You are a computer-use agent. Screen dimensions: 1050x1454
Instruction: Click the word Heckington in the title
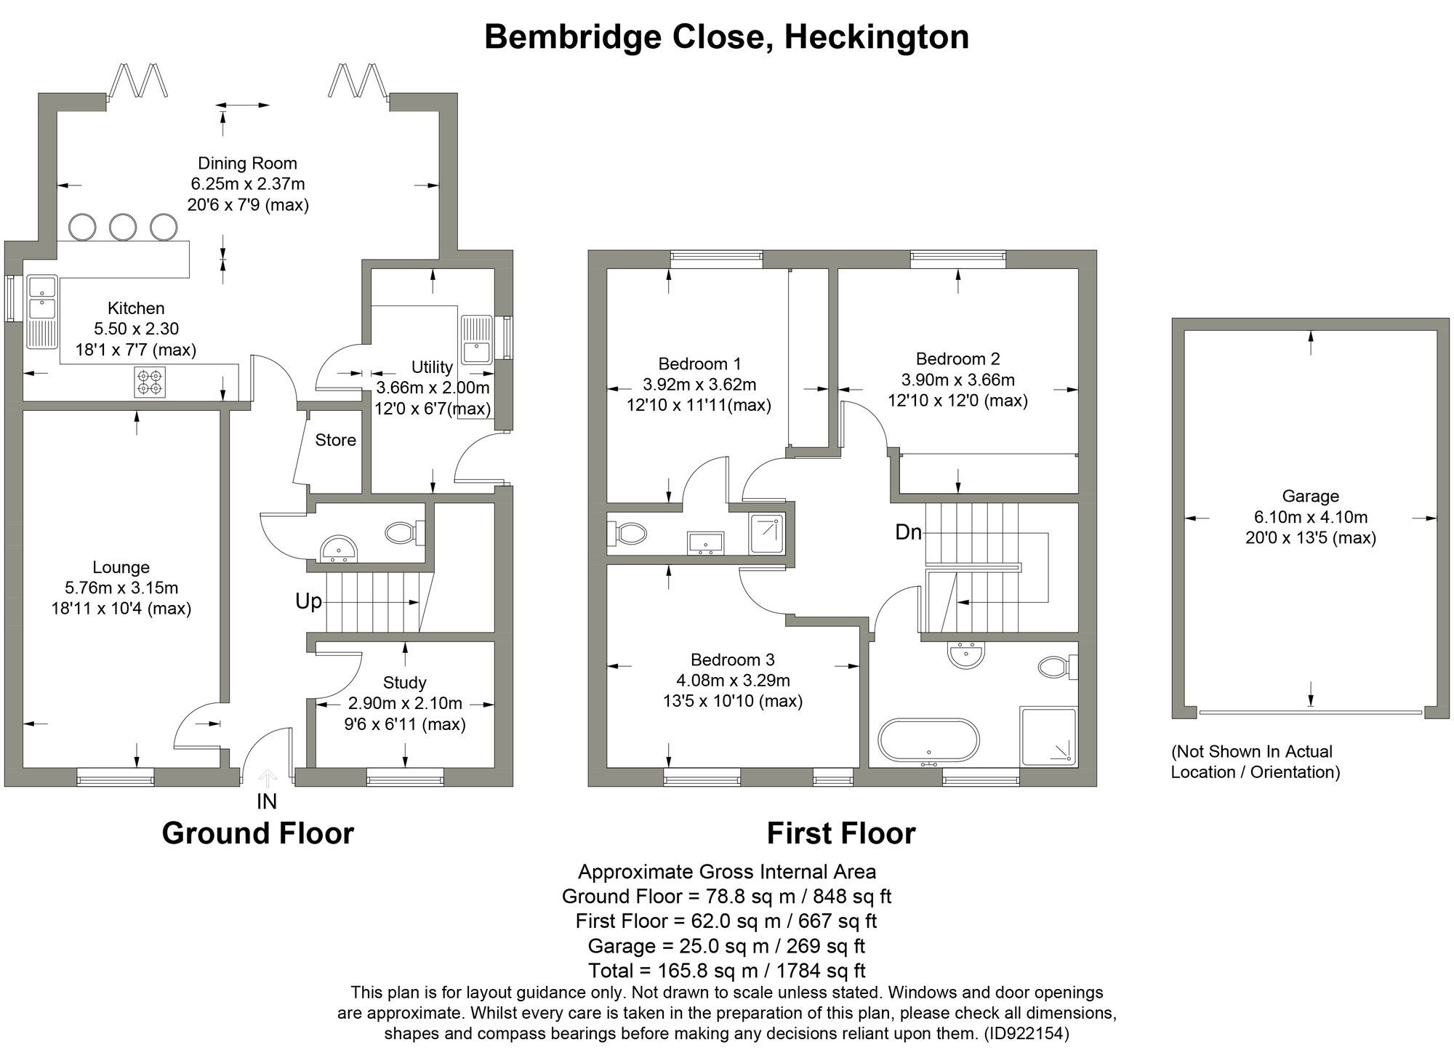(x=876, y=36)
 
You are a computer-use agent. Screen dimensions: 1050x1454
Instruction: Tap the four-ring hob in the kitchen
(x=150, y=382)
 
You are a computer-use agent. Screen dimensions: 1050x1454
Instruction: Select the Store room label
(x=335, y=440)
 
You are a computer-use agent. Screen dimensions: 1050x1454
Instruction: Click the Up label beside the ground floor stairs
(x=308, y=602)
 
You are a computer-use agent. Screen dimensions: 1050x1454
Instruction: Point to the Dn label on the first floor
(x=908, y=532)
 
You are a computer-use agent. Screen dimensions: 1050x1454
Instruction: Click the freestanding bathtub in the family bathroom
(x=928, y=740)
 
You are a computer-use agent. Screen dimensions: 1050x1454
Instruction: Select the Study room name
(x=404, y=683)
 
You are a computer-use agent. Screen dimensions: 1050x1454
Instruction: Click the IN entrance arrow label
(x=267, y=801)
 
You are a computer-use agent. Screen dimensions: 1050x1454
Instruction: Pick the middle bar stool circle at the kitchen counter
(x=123, y=226)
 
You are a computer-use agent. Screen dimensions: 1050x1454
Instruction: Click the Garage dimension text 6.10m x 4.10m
(x=1310, y=518)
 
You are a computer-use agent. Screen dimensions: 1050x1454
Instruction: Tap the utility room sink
(x=477, y=340)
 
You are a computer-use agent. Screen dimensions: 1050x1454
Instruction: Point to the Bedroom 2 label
(x=957, y=358)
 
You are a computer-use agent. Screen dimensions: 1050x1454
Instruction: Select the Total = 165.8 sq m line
(x=726, y=971)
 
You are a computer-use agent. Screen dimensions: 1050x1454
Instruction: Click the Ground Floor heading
(x=257, y=833)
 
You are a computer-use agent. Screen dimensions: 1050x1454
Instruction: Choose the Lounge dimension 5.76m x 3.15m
(x=121, y=588)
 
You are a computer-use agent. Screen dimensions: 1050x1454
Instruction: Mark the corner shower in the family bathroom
(x=1049, y=736)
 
